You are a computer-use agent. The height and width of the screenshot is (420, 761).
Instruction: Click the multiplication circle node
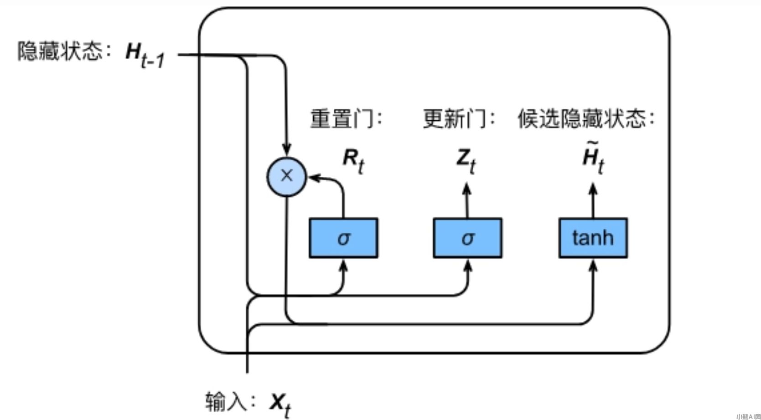click(x=286, y=176)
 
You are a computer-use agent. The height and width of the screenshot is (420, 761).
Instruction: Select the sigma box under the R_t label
click(x=343, y=238)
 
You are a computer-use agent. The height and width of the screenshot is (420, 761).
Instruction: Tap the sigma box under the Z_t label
click(x=467, y=238)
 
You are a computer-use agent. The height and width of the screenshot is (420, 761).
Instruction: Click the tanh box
click(x=593, y=238)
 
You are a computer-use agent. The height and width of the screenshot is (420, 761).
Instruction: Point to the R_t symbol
click(x=353, y=160)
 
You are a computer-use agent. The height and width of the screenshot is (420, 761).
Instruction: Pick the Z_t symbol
click(x=466, y=160)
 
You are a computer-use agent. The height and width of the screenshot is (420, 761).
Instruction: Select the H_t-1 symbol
click(x=144, y=55)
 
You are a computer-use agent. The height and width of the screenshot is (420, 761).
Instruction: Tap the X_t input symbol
click(x=280, y=404)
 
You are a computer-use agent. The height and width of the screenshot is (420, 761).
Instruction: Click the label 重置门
click(x=345, y=118)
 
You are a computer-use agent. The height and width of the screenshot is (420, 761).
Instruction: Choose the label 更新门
click(x=457, y=118)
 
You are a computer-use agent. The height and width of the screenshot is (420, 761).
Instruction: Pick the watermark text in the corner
click(x=748, y=416)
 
